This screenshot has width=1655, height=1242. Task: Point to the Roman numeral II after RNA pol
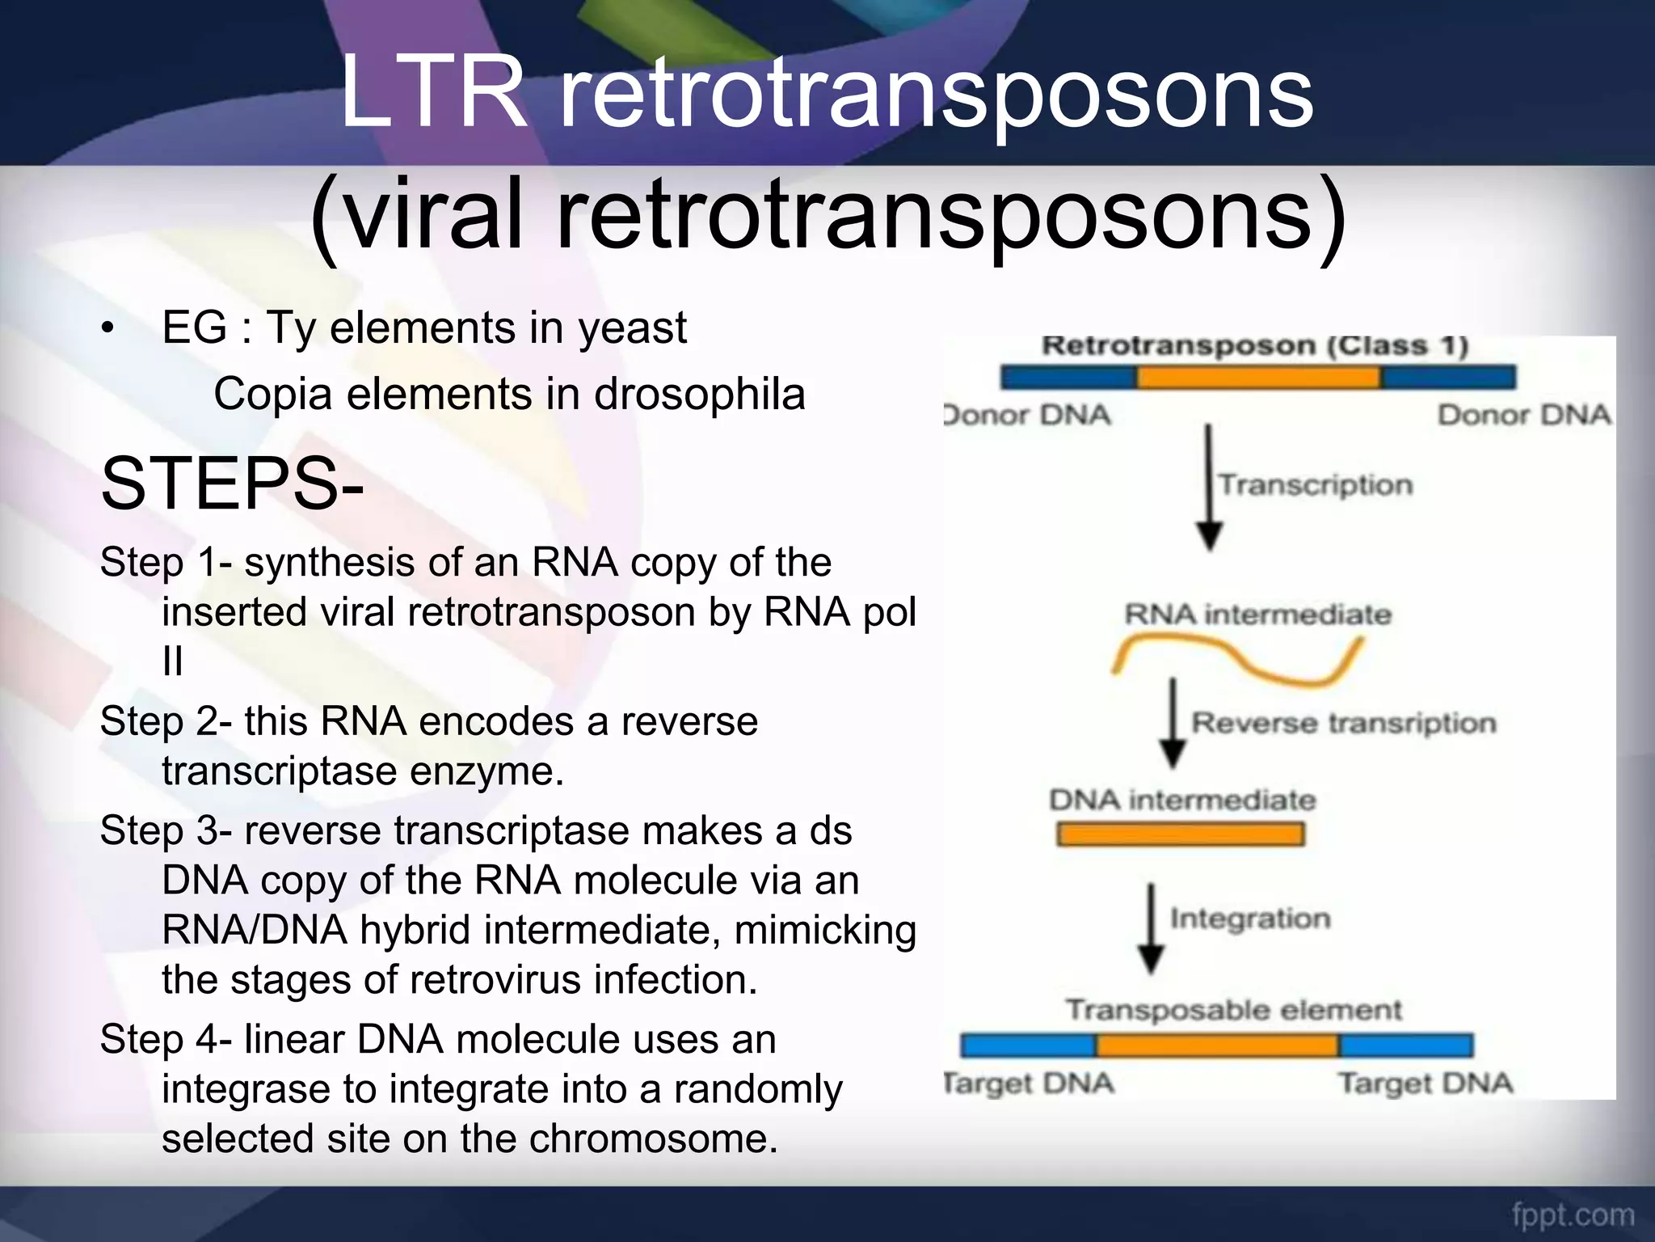click(172, 662)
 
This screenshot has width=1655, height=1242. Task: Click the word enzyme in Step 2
click(486, 771)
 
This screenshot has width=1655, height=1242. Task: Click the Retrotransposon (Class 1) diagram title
click(1254, 346)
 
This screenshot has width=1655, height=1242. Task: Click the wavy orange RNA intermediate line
click(1236, 658)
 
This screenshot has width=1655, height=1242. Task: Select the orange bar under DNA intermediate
click(1180, 834)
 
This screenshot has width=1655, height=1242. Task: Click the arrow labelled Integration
click(1151, 928)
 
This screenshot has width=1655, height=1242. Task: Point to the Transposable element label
click(1234, 1011)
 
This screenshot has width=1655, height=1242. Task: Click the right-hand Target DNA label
click(1425, 1084)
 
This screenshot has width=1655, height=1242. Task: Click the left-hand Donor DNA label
click(1028, 416)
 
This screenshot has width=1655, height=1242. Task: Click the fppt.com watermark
click(1573, 1215)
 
